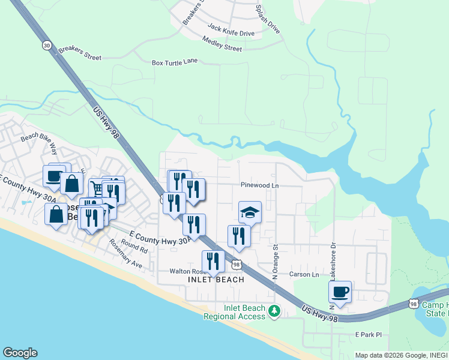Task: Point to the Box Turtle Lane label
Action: pyautogui.click(x=175, y=62)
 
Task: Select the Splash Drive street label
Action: pyautogui.click(x=268, y=18)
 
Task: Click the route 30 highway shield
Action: pyautogui.click(x=47, y=45)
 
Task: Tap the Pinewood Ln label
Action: pyautogui.click(x=260, y=186)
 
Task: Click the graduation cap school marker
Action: pyautogui.click(x=250, y=212)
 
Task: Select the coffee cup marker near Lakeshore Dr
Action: pyautogui.click(x=340, y=292)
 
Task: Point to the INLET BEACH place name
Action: pyautogui.click(x=216, y=280)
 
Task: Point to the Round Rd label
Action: pyautogui.click(x=134, y=245)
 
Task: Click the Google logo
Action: pyautogui.click(x=20, y=353)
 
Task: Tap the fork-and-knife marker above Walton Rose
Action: pyautogui.click(x=213, y=261)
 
